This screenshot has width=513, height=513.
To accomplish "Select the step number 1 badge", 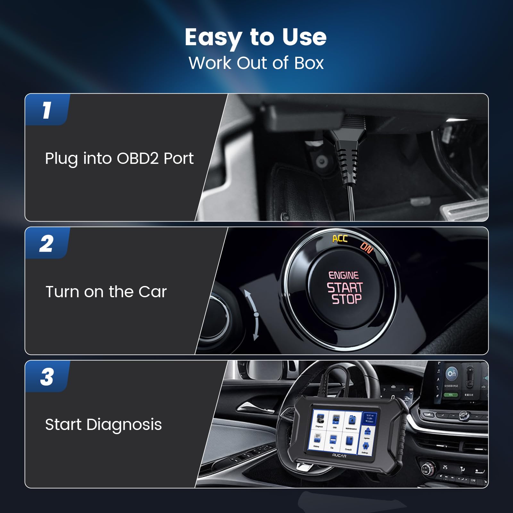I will [47, 110].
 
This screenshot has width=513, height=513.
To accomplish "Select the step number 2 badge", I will [47, 244].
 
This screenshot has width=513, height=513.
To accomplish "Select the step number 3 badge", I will [47, 377].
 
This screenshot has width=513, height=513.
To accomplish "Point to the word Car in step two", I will [153, 292].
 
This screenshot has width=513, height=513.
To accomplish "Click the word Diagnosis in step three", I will [124, 425].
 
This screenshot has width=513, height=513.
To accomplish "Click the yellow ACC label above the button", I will [340, 239].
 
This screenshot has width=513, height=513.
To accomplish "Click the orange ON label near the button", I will [366, 247].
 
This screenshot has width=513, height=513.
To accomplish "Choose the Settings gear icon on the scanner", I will [366, 446].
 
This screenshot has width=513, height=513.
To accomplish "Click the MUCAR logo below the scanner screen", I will [339, 456].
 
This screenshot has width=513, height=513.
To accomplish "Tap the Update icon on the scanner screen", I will [367, 432].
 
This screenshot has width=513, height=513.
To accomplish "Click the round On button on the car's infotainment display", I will [451, 374].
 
